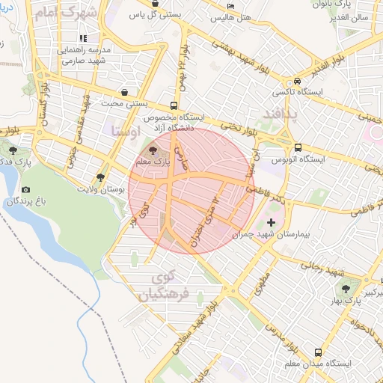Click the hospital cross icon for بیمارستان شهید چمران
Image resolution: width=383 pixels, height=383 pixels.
tap(271, 222)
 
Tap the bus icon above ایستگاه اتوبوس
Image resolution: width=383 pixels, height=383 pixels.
tap(298, 147)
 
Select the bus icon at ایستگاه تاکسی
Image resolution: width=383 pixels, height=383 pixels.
tap(298, 82)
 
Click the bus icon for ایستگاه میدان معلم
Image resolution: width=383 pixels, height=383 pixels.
tap(319, 352)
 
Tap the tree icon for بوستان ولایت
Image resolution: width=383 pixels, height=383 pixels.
tap(100, 177)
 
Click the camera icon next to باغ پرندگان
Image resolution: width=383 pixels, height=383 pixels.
tap(26, 190)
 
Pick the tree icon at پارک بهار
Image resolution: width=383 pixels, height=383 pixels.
tap(346, 288)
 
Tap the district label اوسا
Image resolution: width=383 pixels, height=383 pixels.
tap(125, 131)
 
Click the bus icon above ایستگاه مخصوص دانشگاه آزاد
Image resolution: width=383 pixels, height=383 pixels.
tap(174, 105)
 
